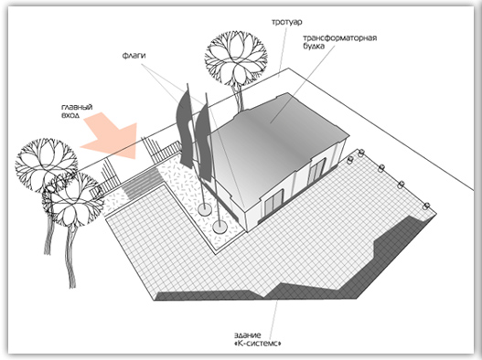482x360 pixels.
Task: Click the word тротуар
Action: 287,22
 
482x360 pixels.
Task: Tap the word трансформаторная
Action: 340,38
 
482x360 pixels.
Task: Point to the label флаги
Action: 134,56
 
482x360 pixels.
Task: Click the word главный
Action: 77,107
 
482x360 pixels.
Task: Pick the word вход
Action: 70,115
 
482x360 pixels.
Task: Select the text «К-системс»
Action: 258,344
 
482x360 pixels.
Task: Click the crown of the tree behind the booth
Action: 236,58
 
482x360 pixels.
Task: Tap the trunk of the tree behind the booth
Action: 238,99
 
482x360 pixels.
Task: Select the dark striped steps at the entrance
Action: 143,184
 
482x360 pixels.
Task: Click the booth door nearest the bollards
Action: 316,172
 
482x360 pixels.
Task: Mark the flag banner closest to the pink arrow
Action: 185,128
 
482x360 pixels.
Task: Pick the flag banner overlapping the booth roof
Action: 203,142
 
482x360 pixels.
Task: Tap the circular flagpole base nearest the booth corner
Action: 220,227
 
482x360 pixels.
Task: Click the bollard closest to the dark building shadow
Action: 426,206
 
